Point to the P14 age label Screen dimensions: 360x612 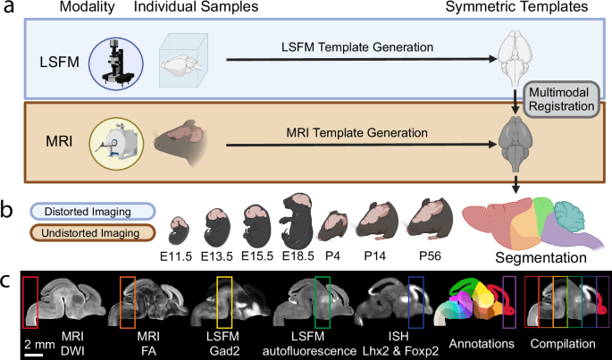click(x=380, y=254)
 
